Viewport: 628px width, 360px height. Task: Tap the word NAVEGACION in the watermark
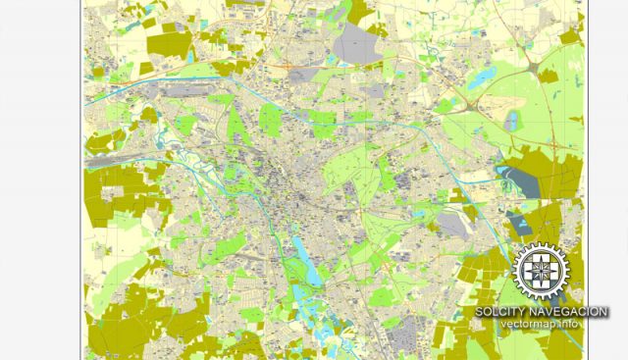tap(573, 312)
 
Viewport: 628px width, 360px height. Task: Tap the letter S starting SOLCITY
tap(480, 312)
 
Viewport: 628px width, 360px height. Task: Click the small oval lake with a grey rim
tap(509, 120)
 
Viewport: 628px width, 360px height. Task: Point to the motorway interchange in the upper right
tap(539, 70)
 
